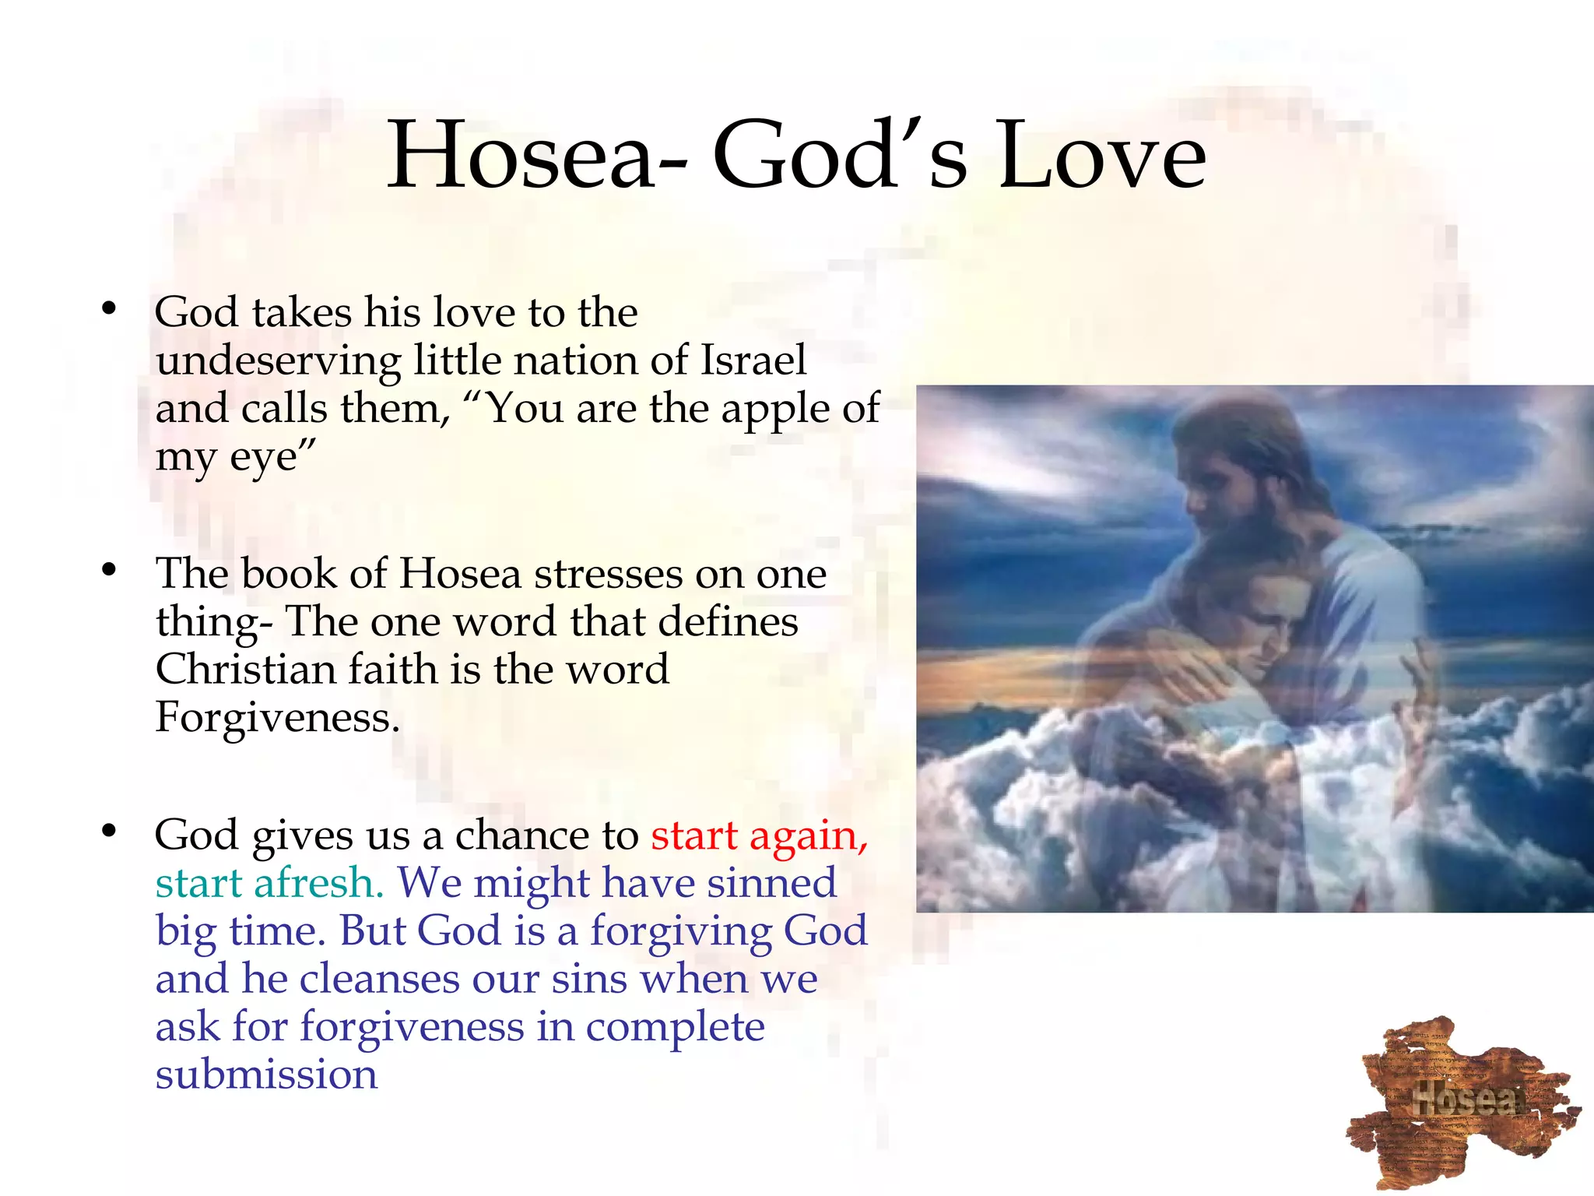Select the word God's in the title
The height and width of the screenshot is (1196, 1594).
click(840, 156)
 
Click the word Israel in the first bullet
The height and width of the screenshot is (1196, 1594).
click(753, 361)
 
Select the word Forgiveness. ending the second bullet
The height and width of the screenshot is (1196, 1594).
click(277, 717)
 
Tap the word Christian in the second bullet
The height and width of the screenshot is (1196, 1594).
click(245, 669)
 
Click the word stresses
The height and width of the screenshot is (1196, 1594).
click(608, 574)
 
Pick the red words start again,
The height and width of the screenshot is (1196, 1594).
click(759, 835)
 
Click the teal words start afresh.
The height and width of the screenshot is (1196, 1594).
click(269, 883)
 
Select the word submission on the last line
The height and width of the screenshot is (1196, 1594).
click(266, 1075)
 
